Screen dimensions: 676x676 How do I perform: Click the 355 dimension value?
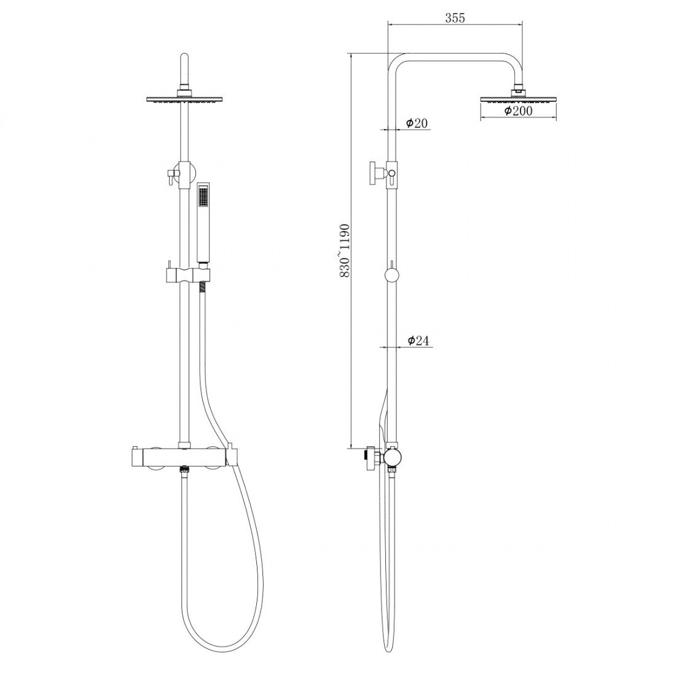point(455,18)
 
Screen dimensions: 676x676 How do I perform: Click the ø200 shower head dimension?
point(517,111)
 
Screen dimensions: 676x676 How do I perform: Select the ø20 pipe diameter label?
point(417,124)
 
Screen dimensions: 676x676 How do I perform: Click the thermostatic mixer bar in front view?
point(182,458)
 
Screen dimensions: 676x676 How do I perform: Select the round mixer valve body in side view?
point(391,456)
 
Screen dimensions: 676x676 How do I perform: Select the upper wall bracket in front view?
point(179,173)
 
